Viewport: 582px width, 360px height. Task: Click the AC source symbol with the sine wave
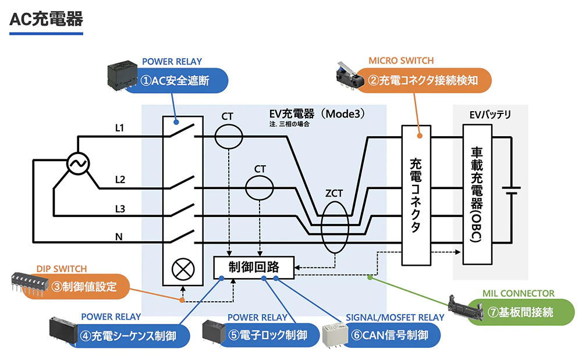click(x=76, y=164)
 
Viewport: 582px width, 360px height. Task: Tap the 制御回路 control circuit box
click(x=254, y=267)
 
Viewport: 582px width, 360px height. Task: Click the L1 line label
click(x=120, y=127)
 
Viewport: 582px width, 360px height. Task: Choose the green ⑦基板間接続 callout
click(x=520, y=312)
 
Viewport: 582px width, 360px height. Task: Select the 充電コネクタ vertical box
click(x=416, y=195)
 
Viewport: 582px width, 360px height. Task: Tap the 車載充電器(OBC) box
click(x=477, y=195)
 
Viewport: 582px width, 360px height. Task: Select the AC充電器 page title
click(x=47, y=19)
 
